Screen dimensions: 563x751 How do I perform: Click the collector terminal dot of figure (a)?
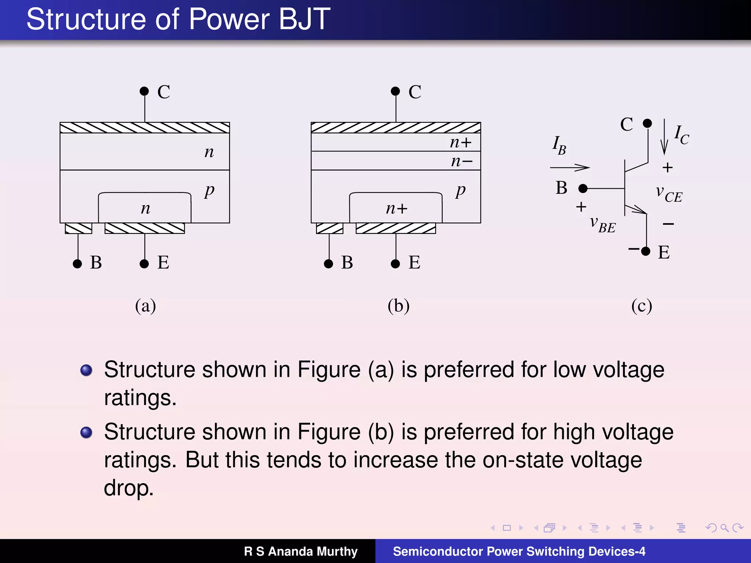144,91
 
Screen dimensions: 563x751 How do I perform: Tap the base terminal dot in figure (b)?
329,264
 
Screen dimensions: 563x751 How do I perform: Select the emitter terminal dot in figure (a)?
144,264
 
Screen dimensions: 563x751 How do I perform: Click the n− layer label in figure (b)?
462,161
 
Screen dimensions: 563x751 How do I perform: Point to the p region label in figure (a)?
209,190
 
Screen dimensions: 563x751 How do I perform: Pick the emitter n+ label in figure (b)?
396,209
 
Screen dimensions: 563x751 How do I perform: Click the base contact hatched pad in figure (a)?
78,228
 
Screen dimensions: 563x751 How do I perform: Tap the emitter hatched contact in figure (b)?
396,228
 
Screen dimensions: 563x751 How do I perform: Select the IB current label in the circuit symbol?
559,145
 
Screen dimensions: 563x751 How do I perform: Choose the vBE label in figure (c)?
602,224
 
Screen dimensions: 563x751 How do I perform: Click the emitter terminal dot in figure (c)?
646,251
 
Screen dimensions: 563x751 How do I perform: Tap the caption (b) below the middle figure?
399,306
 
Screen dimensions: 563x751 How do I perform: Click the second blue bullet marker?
86,433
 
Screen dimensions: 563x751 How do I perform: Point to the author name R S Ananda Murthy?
301,551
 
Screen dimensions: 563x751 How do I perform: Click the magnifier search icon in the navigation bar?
724,528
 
